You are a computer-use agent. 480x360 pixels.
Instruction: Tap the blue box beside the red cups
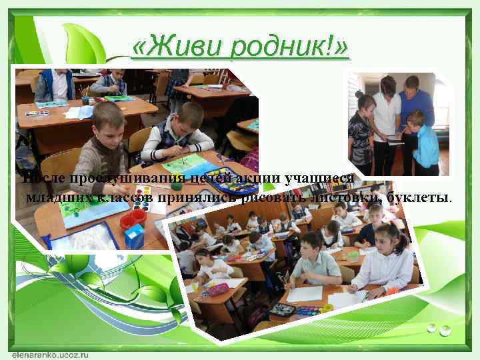(134, 235)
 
